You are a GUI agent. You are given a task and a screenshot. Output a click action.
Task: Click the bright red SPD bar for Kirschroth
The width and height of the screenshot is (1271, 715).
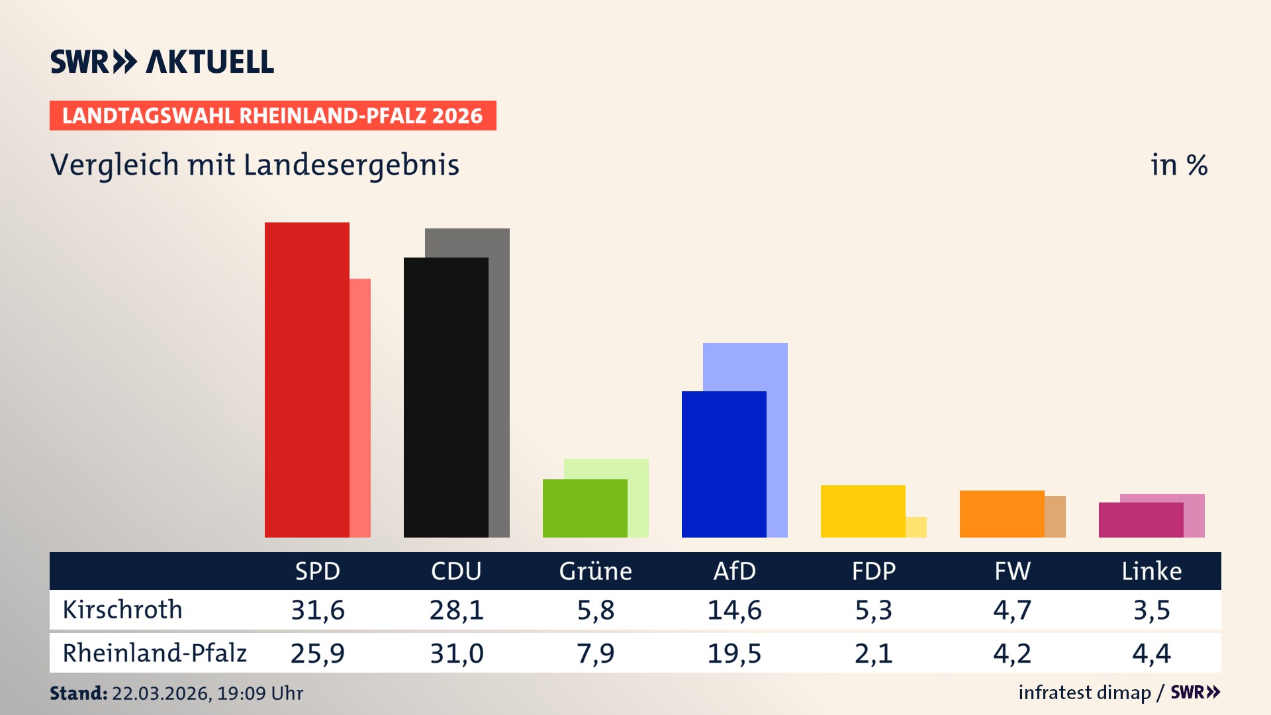(306, 380)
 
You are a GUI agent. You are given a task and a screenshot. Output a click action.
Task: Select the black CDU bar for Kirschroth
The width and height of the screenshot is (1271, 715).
(446, 397)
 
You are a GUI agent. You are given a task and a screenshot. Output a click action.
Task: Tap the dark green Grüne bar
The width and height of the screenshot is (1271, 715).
(585, 508)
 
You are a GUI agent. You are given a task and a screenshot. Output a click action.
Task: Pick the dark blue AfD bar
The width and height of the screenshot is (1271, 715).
(724, 464)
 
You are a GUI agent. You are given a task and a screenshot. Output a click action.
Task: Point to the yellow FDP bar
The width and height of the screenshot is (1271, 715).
(863, 511)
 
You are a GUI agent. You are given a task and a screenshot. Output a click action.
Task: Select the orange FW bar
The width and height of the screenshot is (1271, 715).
(1002, 514)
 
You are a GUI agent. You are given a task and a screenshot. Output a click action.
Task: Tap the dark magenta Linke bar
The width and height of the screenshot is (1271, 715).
(1141, 520)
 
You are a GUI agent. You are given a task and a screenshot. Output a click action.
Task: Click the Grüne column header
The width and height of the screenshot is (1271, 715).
(595, 571)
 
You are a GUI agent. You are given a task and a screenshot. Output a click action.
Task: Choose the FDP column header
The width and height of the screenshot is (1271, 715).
(873, 571)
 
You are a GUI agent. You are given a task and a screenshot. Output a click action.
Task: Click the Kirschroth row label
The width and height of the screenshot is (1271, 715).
(122, 610)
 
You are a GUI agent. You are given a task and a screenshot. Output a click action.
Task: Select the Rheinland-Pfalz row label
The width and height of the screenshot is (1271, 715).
(154, 653)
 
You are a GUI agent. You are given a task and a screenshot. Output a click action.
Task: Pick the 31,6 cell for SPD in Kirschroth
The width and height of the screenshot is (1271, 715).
(318, 610)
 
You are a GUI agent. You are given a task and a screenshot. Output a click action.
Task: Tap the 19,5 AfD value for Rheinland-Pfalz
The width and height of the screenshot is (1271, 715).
(734, 653)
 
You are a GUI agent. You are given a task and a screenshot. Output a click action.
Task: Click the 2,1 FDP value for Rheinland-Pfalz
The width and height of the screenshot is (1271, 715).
(873, 653)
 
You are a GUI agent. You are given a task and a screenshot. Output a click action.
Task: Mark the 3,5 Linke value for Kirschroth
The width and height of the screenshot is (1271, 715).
(1151, 610)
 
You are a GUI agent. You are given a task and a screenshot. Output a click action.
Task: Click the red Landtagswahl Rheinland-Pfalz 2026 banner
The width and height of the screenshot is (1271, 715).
(273, 116)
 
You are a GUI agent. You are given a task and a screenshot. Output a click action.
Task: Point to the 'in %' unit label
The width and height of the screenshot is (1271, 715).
(1178, 165)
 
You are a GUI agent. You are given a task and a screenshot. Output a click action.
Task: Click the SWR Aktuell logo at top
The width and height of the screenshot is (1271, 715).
(162, 62)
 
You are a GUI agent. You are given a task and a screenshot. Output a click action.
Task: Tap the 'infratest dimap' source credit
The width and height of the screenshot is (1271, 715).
(1084, 692)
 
